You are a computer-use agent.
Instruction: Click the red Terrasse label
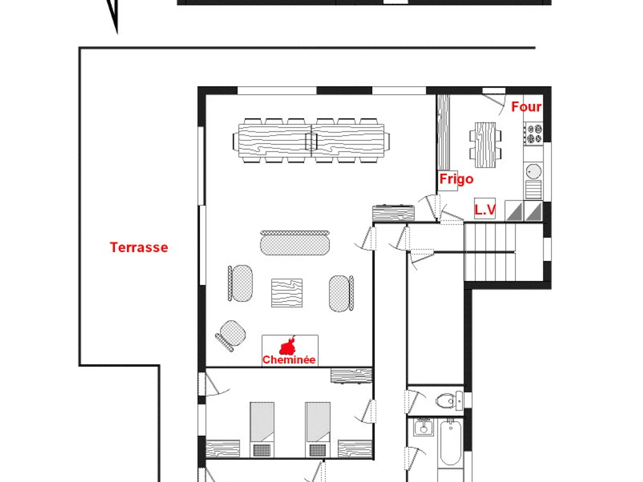pos(139,247)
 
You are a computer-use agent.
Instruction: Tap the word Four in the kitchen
pos(526,107)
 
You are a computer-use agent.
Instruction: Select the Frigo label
pos(457,179)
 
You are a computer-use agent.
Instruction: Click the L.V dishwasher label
pos(485,210)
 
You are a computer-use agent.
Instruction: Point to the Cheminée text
pos(289,360)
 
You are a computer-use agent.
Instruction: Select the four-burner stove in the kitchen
pos(533,133)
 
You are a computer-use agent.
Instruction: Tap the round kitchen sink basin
pos(533,171)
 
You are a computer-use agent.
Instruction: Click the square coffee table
pos(287,292)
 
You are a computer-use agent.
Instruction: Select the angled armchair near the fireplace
pos(231,335)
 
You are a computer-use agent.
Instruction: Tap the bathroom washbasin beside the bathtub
pos(424,427)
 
